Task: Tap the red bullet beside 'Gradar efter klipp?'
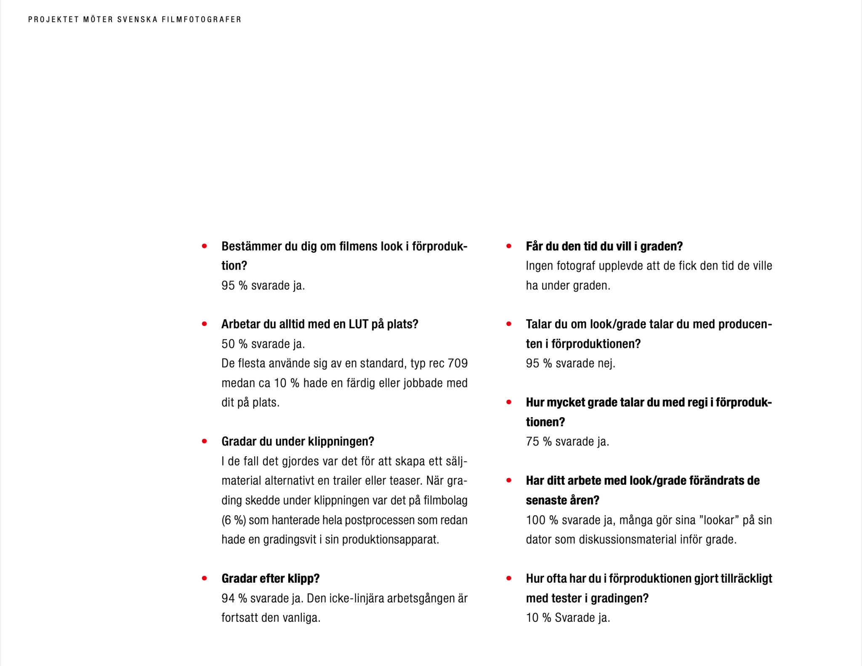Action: coord(205,579)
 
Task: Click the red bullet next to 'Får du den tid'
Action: coord(509,246)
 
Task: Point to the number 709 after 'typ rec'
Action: coord(458,363)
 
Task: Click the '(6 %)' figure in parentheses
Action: coord(234,520)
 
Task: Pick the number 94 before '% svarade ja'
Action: coord(228,598)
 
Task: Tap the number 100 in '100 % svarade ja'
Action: coord(535,520)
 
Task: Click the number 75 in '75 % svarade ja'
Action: coord(532,441)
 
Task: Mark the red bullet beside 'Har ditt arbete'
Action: coord(509,480)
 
